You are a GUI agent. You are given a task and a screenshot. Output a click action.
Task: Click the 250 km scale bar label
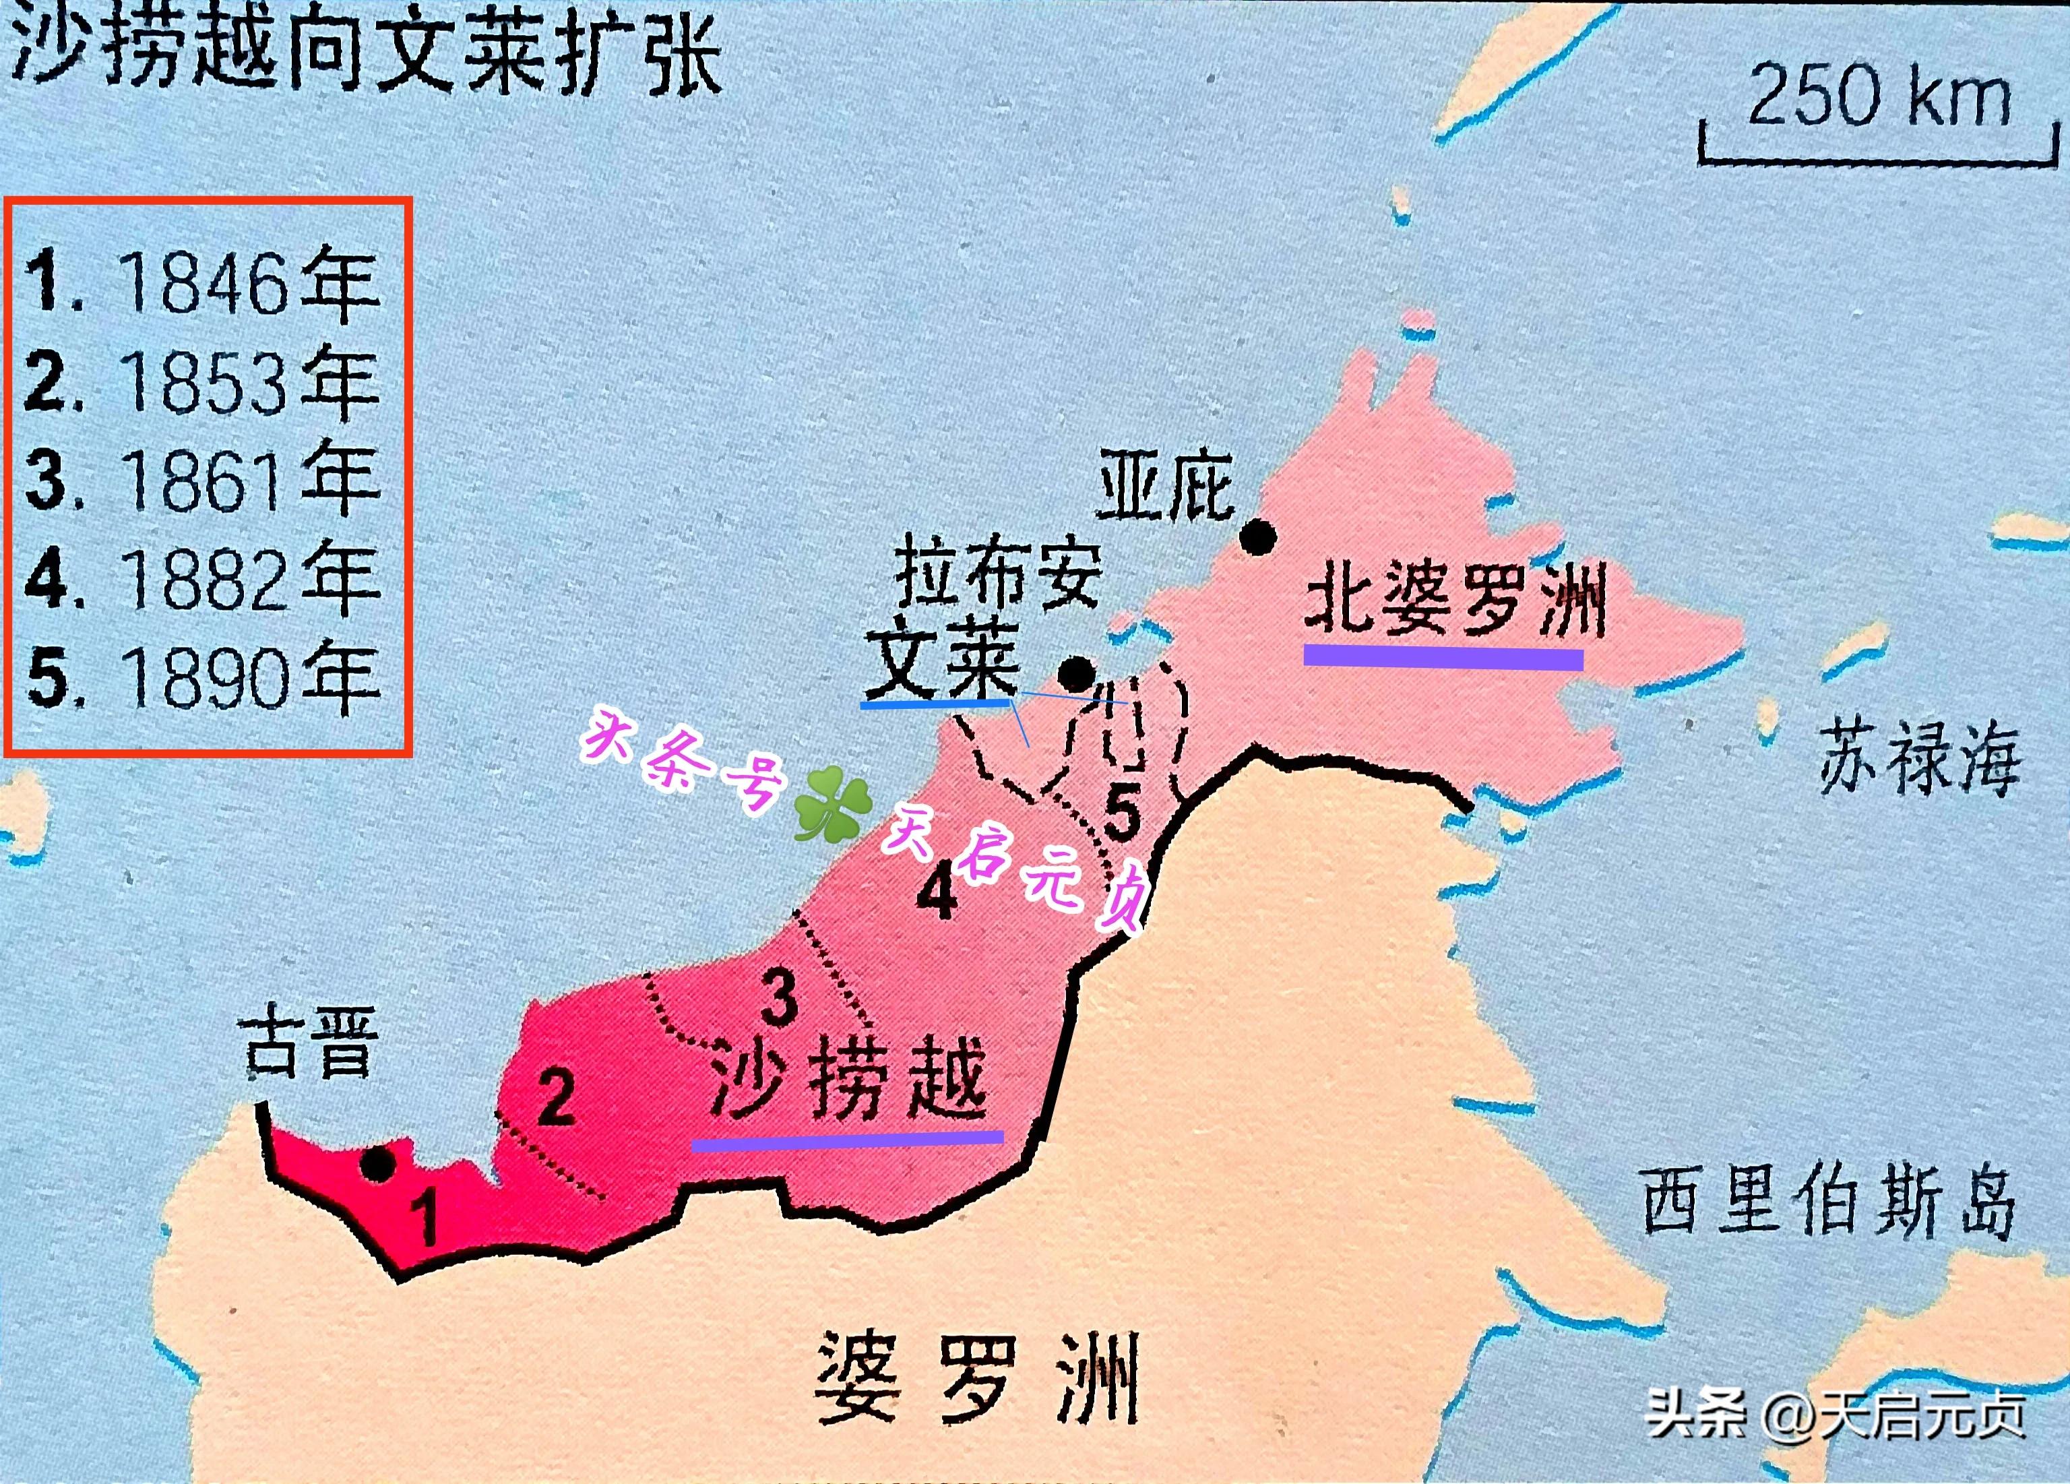click(x=1879, y=95)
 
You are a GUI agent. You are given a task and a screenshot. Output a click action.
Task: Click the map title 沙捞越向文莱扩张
click(x=365, y=55)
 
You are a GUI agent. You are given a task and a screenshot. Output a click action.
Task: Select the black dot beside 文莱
click(x=1077, y=675)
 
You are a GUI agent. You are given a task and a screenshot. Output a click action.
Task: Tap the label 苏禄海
click(x=1918, y=755)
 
